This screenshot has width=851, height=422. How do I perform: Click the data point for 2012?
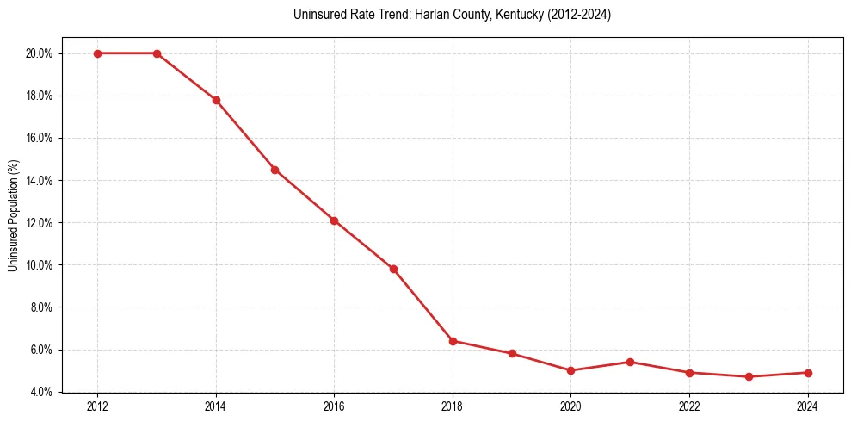(x=97, y=53)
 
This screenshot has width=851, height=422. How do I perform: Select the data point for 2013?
(x=157, y=53)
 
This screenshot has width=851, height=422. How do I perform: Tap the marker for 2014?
(x=216, y=100)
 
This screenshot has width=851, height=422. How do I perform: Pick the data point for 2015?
(x=274, y=170)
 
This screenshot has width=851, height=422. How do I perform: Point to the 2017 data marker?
(x=393, y=269)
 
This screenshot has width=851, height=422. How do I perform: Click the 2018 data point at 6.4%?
(x=453, y=341)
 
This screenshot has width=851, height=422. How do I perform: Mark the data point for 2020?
(x=570, y=370)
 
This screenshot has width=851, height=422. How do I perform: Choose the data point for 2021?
(x=630, y=362)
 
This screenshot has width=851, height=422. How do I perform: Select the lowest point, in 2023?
(x=749, y=376)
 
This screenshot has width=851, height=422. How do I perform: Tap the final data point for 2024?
(x=808, y=373)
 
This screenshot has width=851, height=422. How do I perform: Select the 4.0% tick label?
(x=43, y=393)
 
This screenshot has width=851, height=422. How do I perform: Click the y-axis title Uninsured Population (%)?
(x=13, y=214)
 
